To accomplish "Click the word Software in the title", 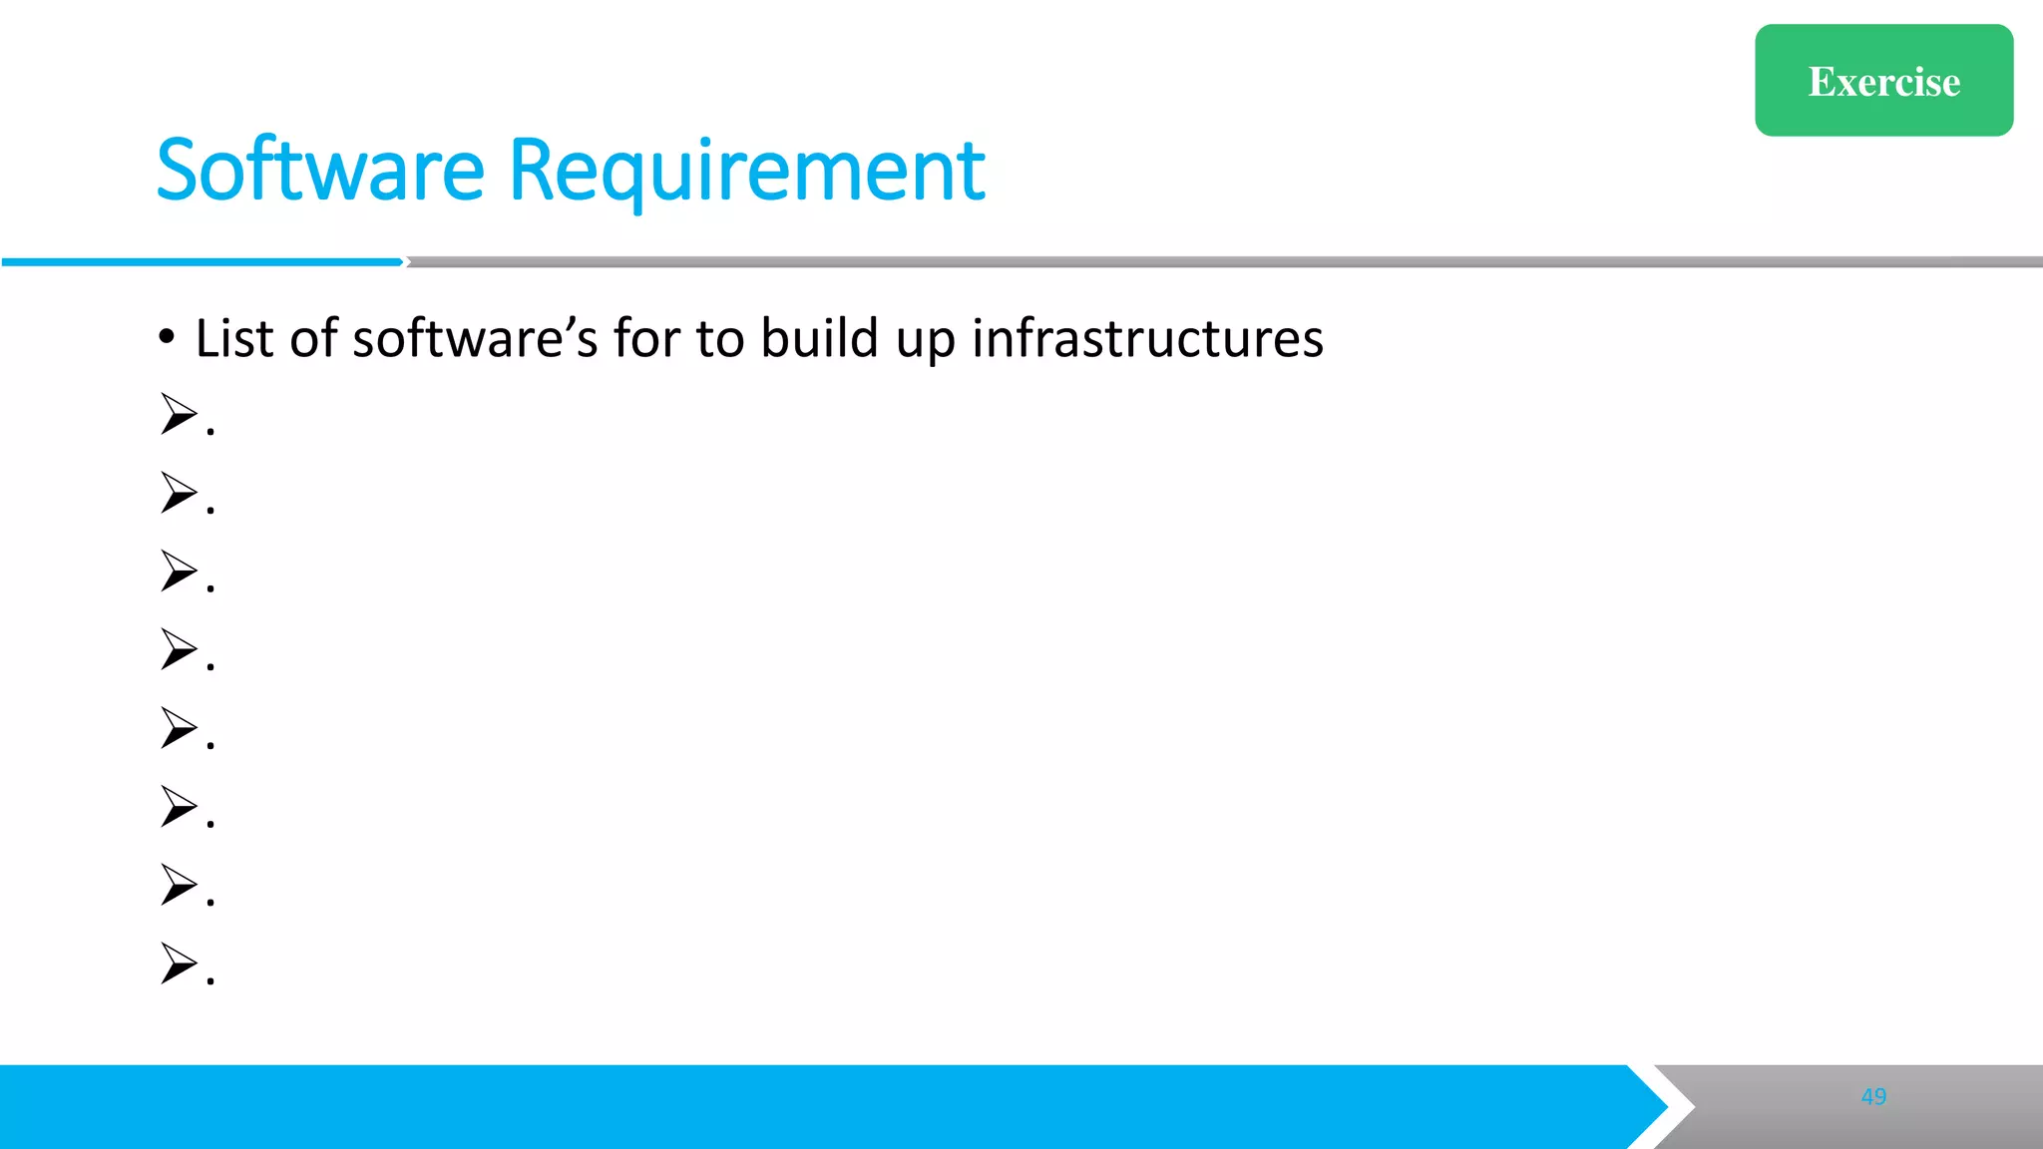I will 320,171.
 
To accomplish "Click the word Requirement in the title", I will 746,171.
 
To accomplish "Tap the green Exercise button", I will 1883,81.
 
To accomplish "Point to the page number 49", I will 1873,1096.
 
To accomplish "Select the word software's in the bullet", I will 475,338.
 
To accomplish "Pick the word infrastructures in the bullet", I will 1147,338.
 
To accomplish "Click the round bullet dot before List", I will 167,337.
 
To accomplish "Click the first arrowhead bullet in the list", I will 180,414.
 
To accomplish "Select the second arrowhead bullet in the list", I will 180,493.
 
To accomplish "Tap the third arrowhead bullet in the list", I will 180,571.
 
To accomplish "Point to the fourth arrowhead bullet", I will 180,649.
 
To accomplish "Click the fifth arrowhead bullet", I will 180,728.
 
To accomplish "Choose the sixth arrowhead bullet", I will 180,806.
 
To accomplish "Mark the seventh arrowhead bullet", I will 180,885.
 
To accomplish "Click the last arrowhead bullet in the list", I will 180,963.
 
